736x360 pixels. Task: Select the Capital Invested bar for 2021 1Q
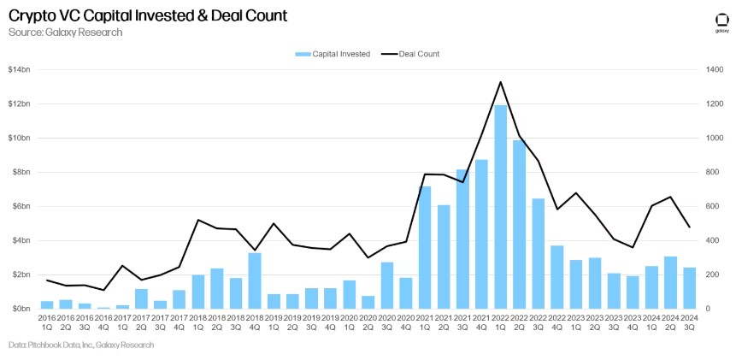tap(425, 247)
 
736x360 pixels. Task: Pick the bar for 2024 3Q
tap(689, 288)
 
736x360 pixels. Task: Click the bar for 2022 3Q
tap(538, 253)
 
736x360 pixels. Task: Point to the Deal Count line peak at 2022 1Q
tap(500, 82)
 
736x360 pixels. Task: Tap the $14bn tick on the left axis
tap(19, 69)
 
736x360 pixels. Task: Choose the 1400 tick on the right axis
tap(714, 69)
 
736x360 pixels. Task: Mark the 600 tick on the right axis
tap(712, 206)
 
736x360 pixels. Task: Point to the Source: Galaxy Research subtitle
tap(65, 32)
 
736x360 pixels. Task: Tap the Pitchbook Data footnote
tap(81, 345)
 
